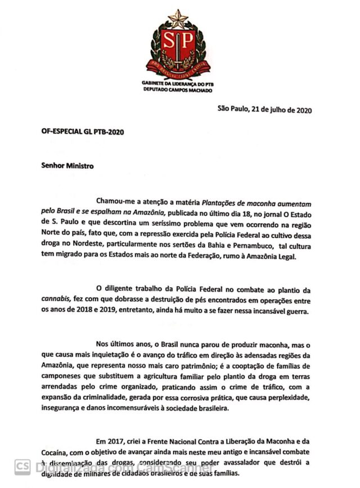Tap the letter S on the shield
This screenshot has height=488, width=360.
click(x=169, y=40)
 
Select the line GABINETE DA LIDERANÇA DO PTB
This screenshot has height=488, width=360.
click(x=178, y=83)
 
